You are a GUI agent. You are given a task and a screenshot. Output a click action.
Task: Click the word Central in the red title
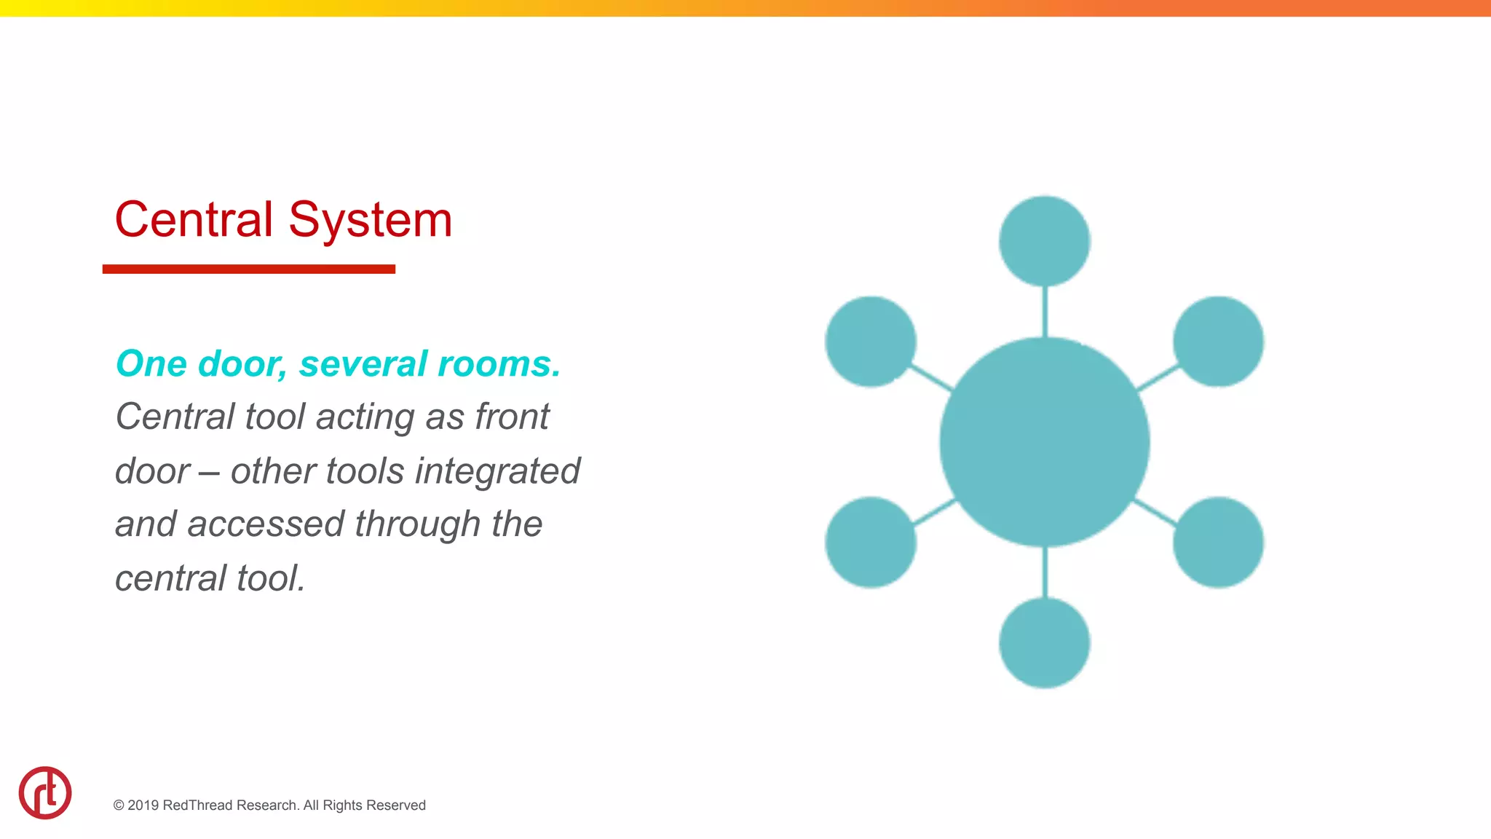(194, 219)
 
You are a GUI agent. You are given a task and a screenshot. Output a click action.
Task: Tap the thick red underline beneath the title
(248, 269)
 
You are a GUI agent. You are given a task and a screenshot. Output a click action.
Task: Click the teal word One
(151, 363)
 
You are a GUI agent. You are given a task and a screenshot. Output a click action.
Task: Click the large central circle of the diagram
(1045, 442)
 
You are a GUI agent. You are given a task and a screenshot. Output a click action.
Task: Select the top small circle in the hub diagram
(1045, 241)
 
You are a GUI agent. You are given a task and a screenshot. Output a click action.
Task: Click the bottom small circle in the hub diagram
(1045, 643)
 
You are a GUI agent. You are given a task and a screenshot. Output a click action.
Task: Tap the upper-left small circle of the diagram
(871, 342)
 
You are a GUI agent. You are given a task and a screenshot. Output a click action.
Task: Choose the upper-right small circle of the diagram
(1219, 342)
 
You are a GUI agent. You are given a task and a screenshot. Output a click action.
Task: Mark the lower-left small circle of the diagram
(871, 543)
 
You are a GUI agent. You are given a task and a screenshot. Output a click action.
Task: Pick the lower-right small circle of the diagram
(1219, 543)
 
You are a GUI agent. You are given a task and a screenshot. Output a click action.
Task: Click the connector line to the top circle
(1045, 312)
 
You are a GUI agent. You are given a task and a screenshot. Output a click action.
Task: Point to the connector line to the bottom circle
(1045, 572)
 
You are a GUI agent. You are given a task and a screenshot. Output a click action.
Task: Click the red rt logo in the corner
(45, 793)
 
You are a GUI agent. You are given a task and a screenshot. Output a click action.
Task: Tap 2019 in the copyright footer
(143, 805)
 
